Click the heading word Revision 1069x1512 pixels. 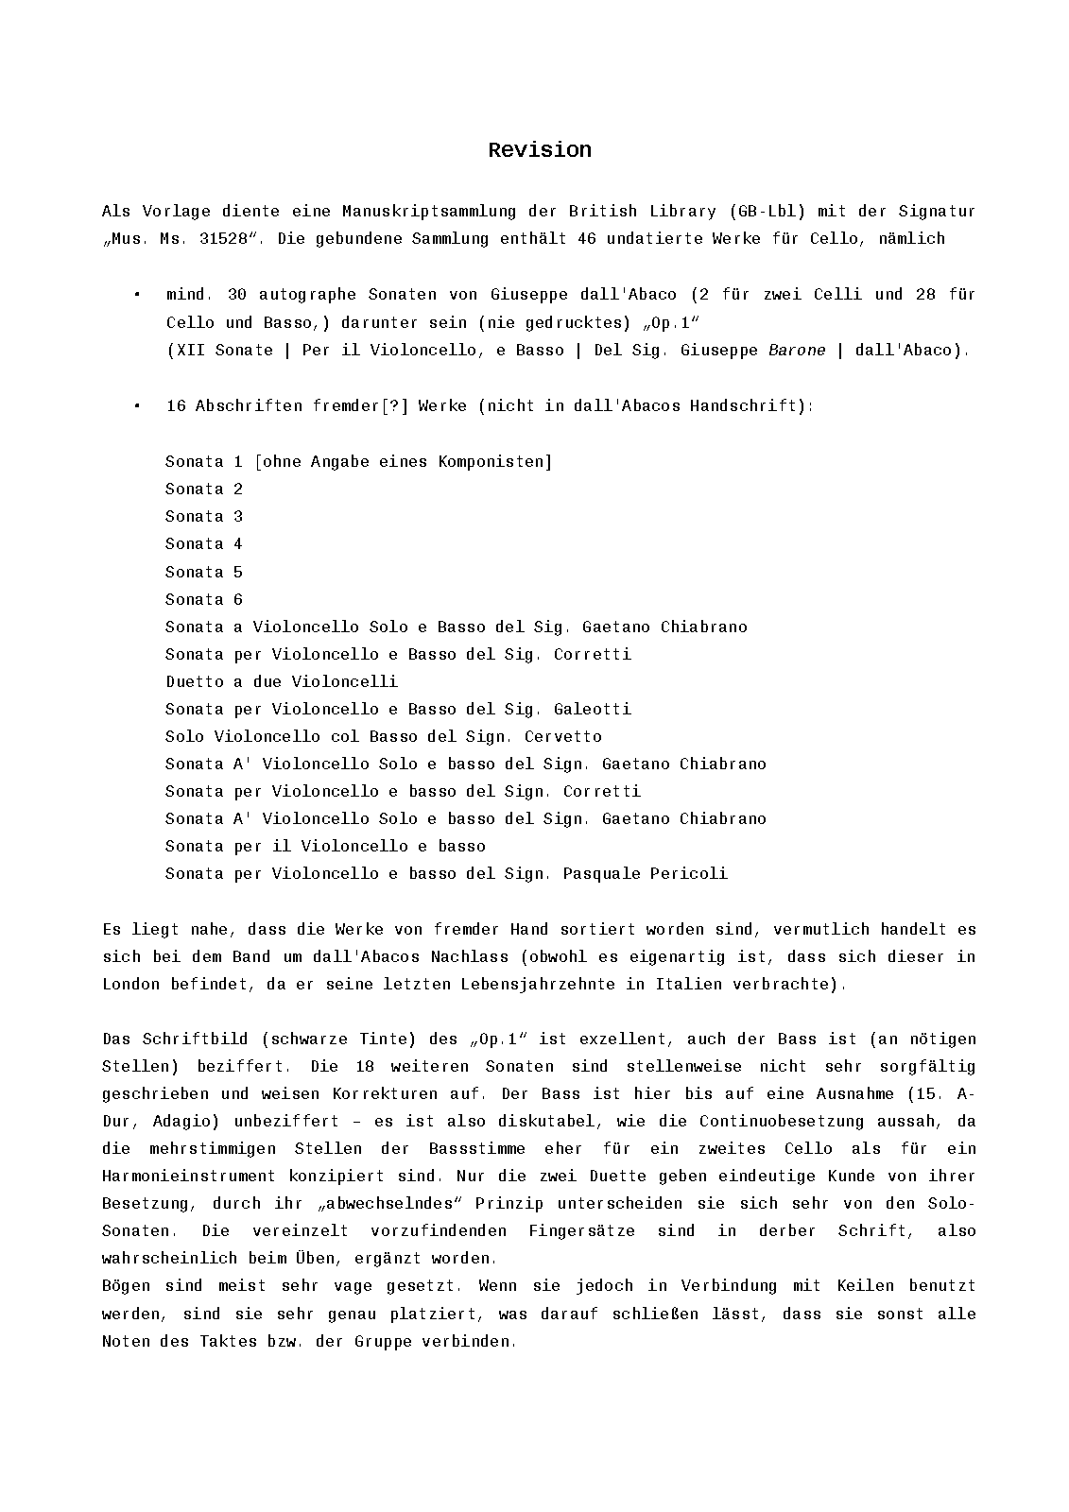(540, 150)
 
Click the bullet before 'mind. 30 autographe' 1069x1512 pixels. (137, 295)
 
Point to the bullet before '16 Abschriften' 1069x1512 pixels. (137, 405)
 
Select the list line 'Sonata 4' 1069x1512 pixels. (204, 544)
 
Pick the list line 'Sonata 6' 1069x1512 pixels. (204, 599)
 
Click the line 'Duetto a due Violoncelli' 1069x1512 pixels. (282, 681)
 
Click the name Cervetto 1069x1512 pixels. (563, 736)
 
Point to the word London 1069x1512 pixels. (131, 984)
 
